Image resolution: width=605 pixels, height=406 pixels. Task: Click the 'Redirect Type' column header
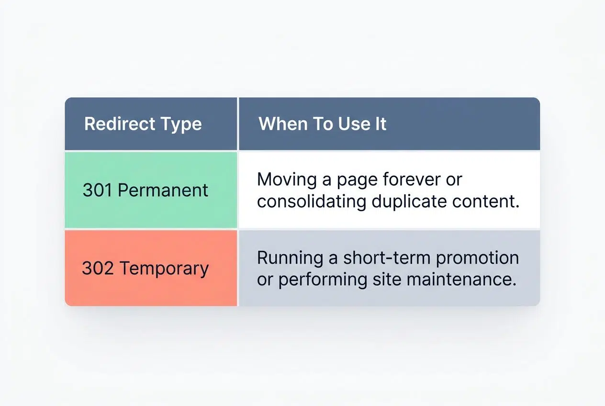pyautogui.click(x=143, y=124)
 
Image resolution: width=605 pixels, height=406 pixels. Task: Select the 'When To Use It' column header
pyautogui.click(x=322, y=124)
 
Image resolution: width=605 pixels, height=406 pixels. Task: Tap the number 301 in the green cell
pyautogui.click(x=97, y=190)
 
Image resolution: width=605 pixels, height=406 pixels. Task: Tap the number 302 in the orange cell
pyautogui.click(x=98, y=268)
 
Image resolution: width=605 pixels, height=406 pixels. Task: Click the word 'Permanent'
pyautogui.click(x=163, y=190)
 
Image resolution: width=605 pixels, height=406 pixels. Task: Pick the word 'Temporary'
pyautogui.click(x=164, y=269)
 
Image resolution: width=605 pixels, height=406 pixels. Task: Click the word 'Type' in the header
pyautogui.click(x=181, y=124)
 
